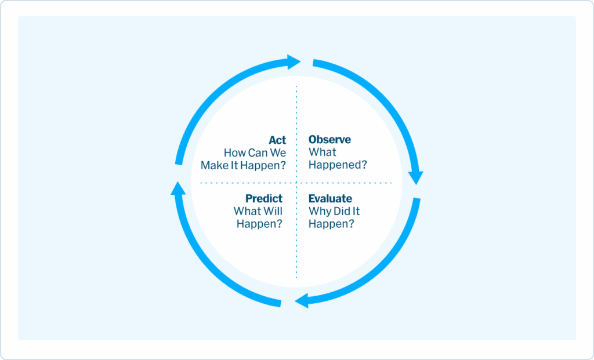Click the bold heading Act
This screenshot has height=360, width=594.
tap(277, 140)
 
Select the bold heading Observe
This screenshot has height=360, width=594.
tap(329, 140)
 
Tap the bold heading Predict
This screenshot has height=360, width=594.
tap(264, 199)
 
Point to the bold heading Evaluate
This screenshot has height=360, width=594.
tap(330, 199)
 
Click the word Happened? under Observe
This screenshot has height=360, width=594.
tap(338, 165)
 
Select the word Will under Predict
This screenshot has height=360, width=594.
tap(272, 211)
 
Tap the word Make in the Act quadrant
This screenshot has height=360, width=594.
tap(214, 165)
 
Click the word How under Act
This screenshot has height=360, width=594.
tap(234, 153)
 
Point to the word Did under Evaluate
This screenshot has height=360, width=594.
tap(342, 211)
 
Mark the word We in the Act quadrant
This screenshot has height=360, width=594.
tap(278, 153)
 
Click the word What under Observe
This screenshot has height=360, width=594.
tap(322, 152)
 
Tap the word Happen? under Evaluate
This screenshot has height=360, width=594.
tap(331, 223)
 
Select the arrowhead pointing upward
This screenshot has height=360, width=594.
tap(178, 188)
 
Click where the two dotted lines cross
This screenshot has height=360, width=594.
tap(296, 183)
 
